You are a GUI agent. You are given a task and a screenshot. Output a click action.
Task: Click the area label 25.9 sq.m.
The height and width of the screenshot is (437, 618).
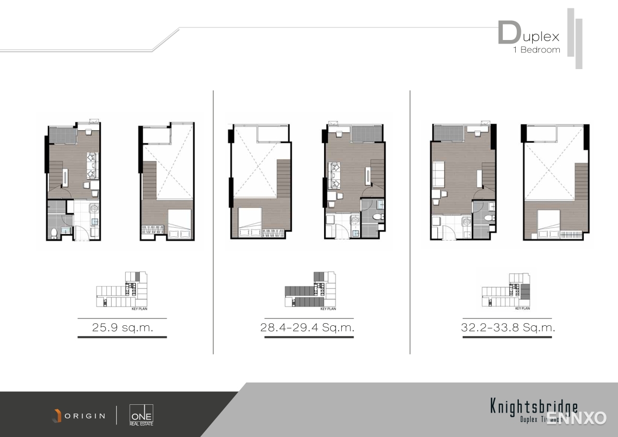[122, 328]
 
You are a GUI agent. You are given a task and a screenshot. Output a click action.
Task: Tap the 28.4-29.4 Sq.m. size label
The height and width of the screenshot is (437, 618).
[307, 328]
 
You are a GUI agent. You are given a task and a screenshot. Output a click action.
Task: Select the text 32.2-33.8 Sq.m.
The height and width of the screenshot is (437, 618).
[507, 328]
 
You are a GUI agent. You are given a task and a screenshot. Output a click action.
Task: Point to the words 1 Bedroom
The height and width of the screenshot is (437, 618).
[536, 50]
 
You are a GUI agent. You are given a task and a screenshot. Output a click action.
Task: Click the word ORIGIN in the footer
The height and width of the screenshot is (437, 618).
[85, 416]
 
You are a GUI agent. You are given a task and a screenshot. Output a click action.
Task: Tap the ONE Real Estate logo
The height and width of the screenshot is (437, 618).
[141, 415]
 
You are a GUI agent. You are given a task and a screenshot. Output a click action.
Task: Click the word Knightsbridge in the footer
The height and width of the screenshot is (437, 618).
[533, 406]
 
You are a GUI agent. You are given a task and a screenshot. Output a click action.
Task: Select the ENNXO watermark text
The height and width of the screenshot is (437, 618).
[576, 418]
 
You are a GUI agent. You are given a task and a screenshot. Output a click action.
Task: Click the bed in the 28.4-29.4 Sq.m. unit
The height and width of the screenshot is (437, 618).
[248, 220]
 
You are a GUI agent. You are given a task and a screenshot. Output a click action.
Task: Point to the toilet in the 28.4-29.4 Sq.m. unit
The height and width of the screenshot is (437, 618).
[378, 216]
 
